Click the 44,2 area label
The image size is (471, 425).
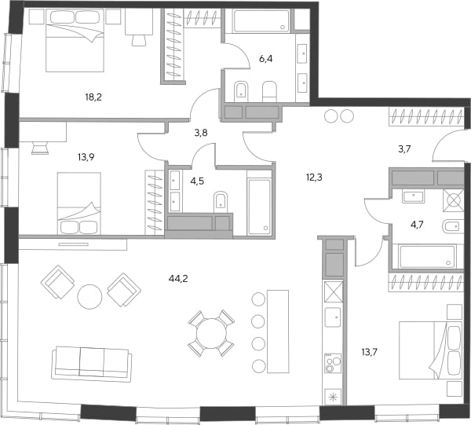[x=178, y=279]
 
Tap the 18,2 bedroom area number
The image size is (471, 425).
[x=93, y=97]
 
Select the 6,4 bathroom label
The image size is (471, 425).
[x=266, y=59]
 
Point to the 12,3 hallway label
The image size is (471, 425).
[x=314, y=178]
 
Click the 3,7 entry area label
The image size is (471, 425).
[x=404, y=149]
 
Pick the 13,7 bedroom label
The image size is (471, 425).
[x=370, y=352]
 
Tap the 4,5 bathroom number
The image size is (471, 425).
[x=197, y=181]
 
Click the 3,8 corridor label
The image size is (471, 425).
[x=201, y=133]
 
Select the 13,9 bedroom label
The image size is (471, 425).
[x=86, y=157]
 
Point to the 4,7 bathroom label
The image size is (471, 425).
[x=417, y=225]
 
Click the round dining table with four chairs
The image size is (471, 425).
[x=211, y=333]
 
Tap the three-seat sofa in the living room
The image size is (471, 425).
[x=92, y=364]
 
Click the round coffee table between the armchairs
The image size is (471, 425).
[x=89, y=296]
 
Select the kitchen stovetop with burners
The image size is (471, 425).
[x=333, y=363]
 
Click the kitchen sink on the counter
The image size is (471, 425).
[x=333, y=317]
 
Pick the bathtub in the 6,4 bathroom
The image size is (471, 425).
[x=261, y=20]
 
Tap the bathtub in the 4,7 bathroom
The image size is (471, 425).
[x=427, y=257]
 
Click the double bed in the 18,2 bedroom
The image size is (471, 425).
[x=75, y=40]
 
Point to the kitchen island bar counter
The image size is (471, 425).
[x=278, y=332]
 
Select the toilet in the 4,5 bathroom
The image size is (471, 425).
[x=221, y=201]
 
